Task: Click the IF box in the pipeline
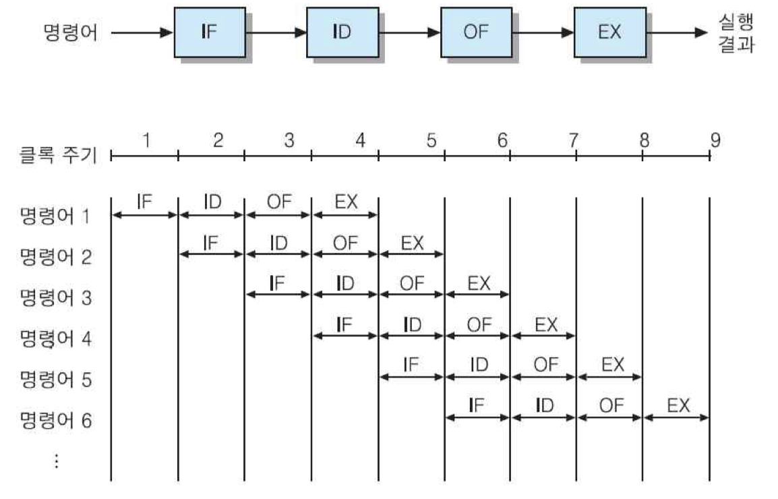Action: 209,32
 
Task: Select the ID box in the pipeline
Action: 342,32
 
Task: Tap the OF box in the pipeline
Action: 475,32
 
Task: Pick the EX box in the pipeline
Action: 609,32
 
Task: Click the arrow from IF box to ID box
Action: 275,32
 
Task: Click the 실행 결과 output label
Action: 736,34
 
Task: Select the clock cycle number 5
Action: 431,140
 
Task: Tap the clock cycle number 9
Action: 715,140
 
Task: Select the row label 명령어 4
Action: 55,338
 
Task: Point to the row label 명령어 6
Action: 55,421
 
